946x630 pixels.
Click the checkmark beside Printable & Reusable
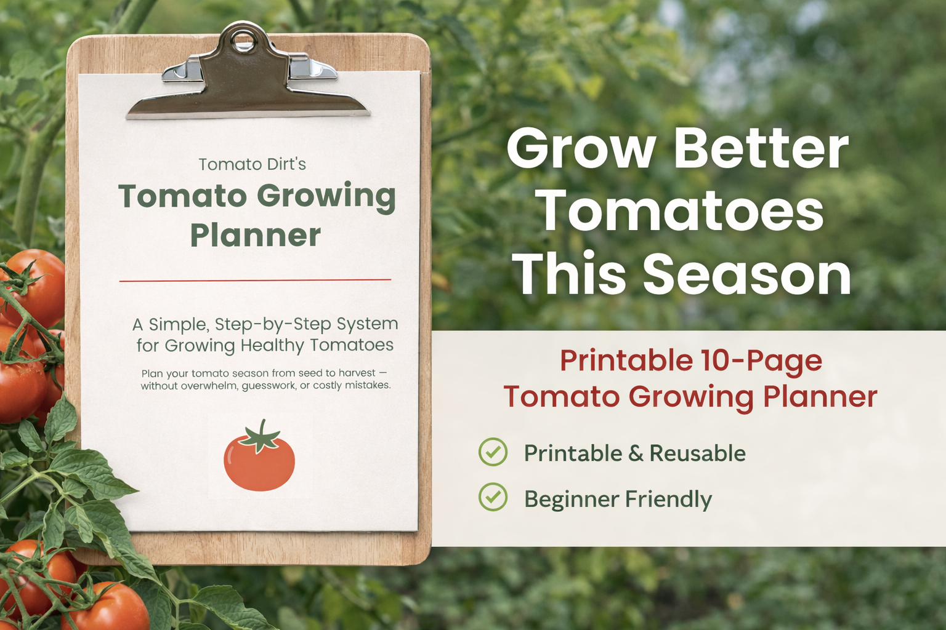click(x=493, y=452)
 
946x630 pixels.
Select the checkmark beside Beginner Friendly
click(x=493, y=497)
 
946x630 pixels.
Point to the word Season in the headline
click(x=747, y=274)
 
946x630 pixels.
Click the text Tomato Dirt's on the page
click(x=252, y=164)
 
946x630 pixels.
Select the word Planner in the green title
click(x=255, y=236)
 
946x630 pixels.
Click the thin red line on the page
click(x=255, y=280)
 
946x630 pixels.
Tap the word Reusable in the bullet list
click(x=697, y=453)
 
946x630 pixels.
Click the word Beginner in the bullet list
click(x=571, y=499)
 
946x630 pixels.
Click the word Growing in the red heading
click(x=691, y=397)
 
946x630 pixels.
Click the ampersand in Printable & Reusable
click(x=635, y=453)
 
